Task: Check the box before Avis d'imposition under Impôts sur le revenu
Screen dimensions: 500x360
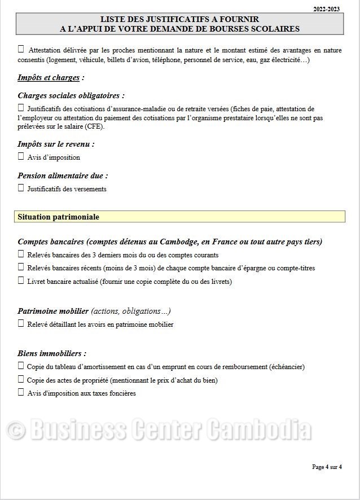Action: (21, 156)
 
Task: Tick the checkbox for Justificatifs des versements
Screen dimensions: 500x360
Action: (21, 188)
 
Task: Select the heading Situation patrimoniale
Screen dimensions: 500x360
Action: (58, 217)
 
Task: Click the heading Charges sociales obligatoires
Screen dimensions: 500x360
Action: (71, 96)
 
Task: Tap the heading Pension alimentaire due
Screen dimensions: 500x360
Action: (62, 176)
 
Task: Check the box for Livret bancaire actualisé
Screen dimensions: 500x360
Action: (21, 280)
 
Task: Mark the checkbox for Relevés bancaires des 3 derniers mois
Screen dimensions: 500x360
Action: (21, 254)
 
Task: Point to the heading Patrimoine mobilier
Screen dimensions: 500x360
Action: (53, 311)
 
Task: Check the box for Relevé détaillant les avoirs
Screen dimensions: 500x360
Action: (21, 323)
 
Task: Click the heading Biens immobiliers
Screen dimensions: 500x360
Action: (52, 354)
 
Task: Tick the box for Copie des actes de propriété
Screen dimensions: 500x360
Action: (21, 379)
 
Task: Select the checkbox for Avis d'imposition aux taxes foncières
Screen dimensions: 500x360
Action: (21, 392)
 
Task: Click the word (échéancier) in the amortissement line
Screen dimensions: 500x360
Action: (287, 367)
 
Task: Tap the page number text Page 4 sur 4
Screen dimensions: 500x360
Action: (327, 467)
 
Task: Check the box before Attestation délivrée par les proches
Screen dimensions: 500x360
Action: (21, 49)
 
